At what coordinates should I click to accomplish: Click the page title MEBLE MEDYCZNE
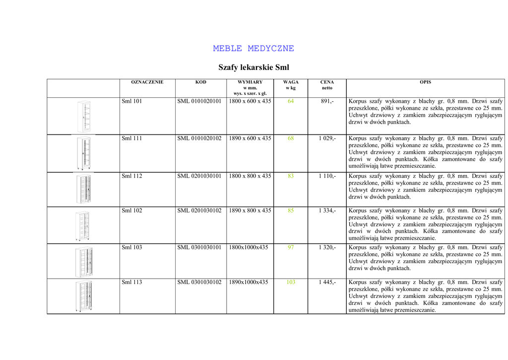(x=254, y=49)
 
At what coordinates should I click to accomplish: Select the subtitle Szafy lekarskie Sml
(x=254, y=67)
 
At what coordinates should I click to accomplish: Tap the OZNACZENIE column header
(x=147, y=82)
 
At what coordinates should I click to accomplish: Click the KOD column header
(x=201, y=82)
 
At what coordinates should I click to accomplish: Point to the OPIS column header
(x=425, y=82)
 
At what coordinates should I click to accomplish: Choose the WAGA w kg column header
(x=291, y=85)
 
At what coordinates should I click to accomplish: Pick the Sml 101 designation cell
(x=132, y=101)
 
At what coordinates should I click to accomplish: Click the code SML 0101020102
(x=199, y=139)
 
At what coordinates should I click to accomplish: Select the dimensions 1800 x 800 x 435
(x=250, y=176)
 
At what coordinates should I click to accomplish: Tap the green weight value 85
(x=291, y=211)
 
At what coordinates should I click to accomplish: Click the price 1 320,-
(x=327, y=247)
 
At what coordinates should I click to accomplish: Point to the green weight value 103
(x=291, y=282)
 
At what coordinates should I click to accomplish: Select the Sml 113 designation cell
(x=132, y=282)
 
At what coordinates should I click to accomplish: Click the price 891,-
(x=327, y=101)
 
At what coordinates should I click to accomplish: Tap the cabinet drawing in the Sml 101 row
(x=84, y=116)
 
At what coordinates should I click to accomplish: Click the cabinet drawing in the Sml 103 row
(x=84, y=262)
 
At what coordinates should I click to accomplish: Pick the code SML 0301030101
(x=199, y=247)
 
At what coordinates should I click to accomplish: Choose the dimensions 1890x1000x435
(x=249, y=282)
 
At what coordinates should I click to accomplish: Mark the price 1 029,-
(x=327, y=139)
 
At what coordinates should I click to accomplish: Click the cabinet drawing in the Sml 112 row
(x=84, y=189)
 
